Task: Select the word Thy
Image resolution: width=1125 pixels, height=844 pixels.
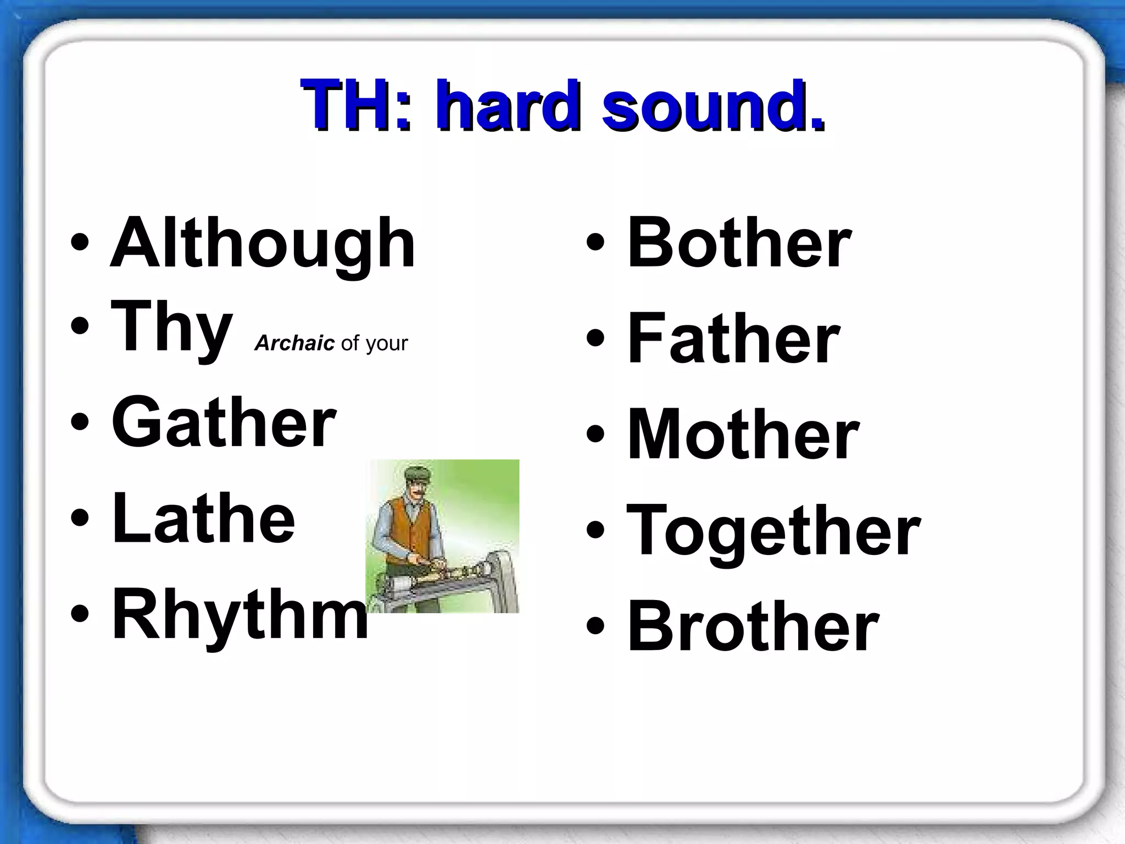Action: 171,328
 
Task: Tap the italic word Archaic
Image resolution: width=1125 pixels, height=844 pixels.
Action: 294,343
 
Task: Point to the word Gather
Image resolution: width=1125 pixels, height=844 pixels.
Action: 224,422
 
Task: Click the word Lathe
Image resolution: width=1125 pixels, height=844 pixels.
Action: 203,518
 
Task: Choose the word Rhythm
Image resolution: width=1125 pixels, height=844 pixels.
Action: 240,614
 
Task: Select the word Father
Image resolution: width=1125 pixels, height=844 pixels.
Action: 733,338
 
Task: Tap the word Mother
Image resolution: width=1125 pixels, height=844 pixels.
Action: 743,435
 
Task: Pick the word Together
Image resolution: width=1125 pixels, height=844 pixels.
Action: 773,531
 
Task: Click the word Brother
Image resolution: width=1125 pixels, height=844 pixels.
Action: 753,626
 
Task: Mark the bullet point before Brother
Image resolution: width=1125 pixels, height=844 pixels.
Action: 595,626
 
